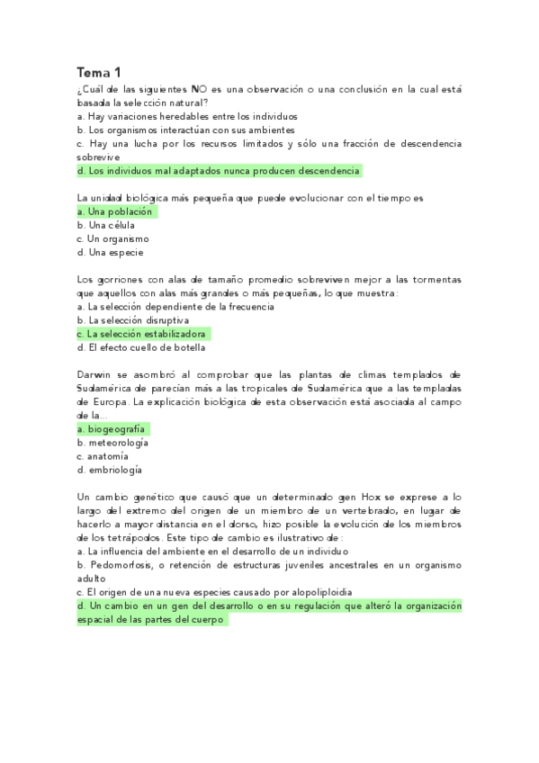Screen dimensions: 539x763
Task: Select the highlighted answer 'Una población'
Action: pyautogui.click(x=117, y=211)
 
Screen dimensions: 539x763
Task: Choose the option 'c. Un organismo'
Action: pyautogui.click(x=112, y=239)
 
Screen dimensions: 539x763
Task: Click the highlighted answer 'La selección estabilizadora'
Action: pyautogui.click(x=142, y=334)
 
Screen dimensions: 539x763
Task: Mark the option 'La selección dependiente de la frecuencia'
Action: pyautogui.click(x=162, y=307)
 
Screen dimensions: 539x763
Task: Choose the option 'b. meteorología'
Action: pyautogui.click(x=112, y=443)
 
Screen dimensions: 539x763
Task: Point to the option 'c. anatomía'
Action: pyautogui.click(x=103, y=456)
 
